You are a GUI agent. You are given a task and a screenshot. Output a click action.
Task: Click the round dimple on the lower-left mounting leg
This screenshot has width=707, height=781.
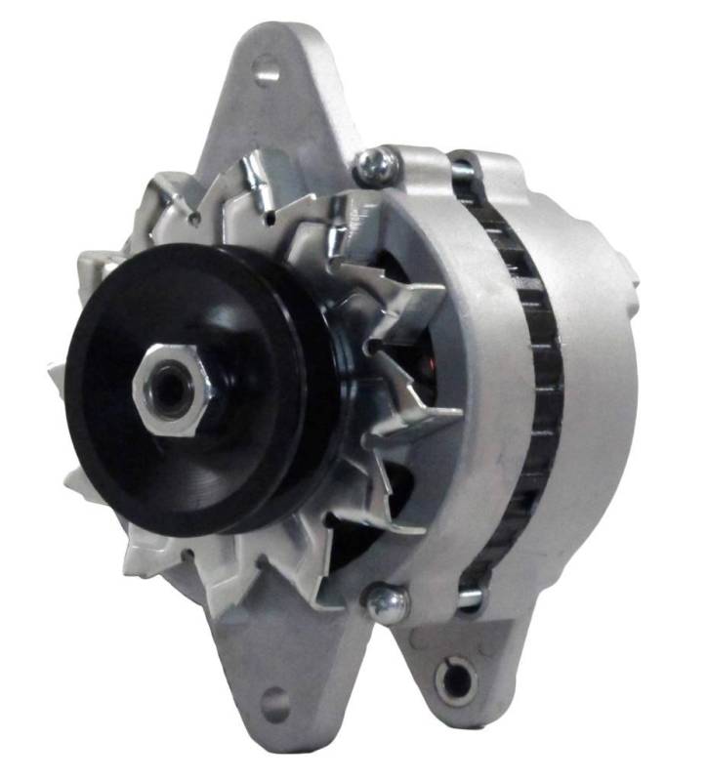275,702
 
